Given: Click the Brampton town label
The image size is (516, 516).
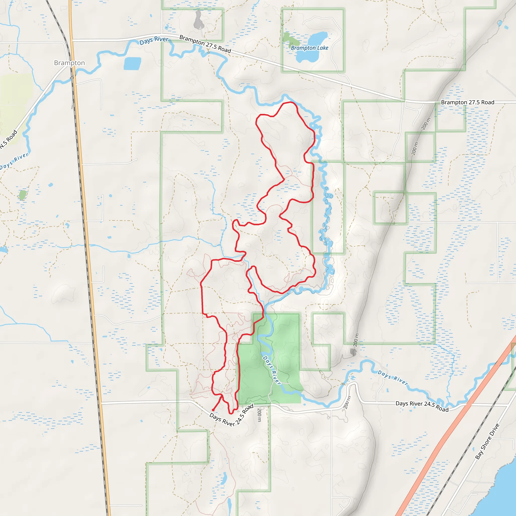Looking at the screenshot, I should pos(70,63).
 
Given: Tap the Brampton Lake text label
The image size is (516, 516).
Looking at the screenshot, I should pos(310,48).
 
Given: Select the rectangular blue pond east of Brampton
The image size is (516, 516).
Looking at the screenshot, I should pos(133,63).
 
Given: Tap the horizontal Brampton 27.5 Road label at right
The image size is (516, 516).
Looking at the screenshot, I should pos(467,102).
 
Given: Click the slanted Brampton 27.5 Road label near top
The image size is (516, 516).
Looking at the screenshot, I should pos(205,44).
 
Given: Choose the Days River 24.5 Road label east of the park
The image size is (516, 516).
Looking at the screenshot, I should pos(422,406).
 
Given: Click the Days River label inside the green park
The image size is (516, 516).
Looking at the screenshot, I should pos(272,370).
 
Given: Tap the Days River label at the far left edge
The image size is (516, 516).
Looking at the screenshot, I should pos(14,161).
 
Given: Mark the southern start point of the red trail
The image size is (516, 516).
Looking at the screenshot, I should pos(213,410).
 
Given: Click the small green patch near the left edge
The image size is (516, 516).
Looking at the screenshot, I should pos(23,195).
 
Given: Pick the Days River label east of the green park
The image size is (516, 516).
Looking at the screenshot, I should pos(393,378).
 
